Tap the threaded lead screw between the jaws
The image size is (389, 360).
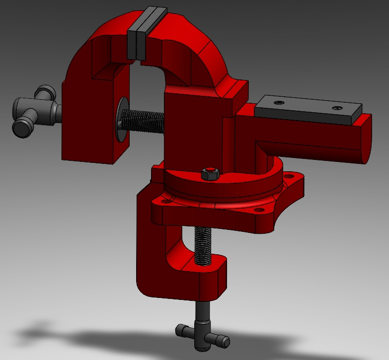[x=144, y=122]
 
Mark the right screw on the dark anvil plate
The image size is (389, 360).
[x=337, y=108]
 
